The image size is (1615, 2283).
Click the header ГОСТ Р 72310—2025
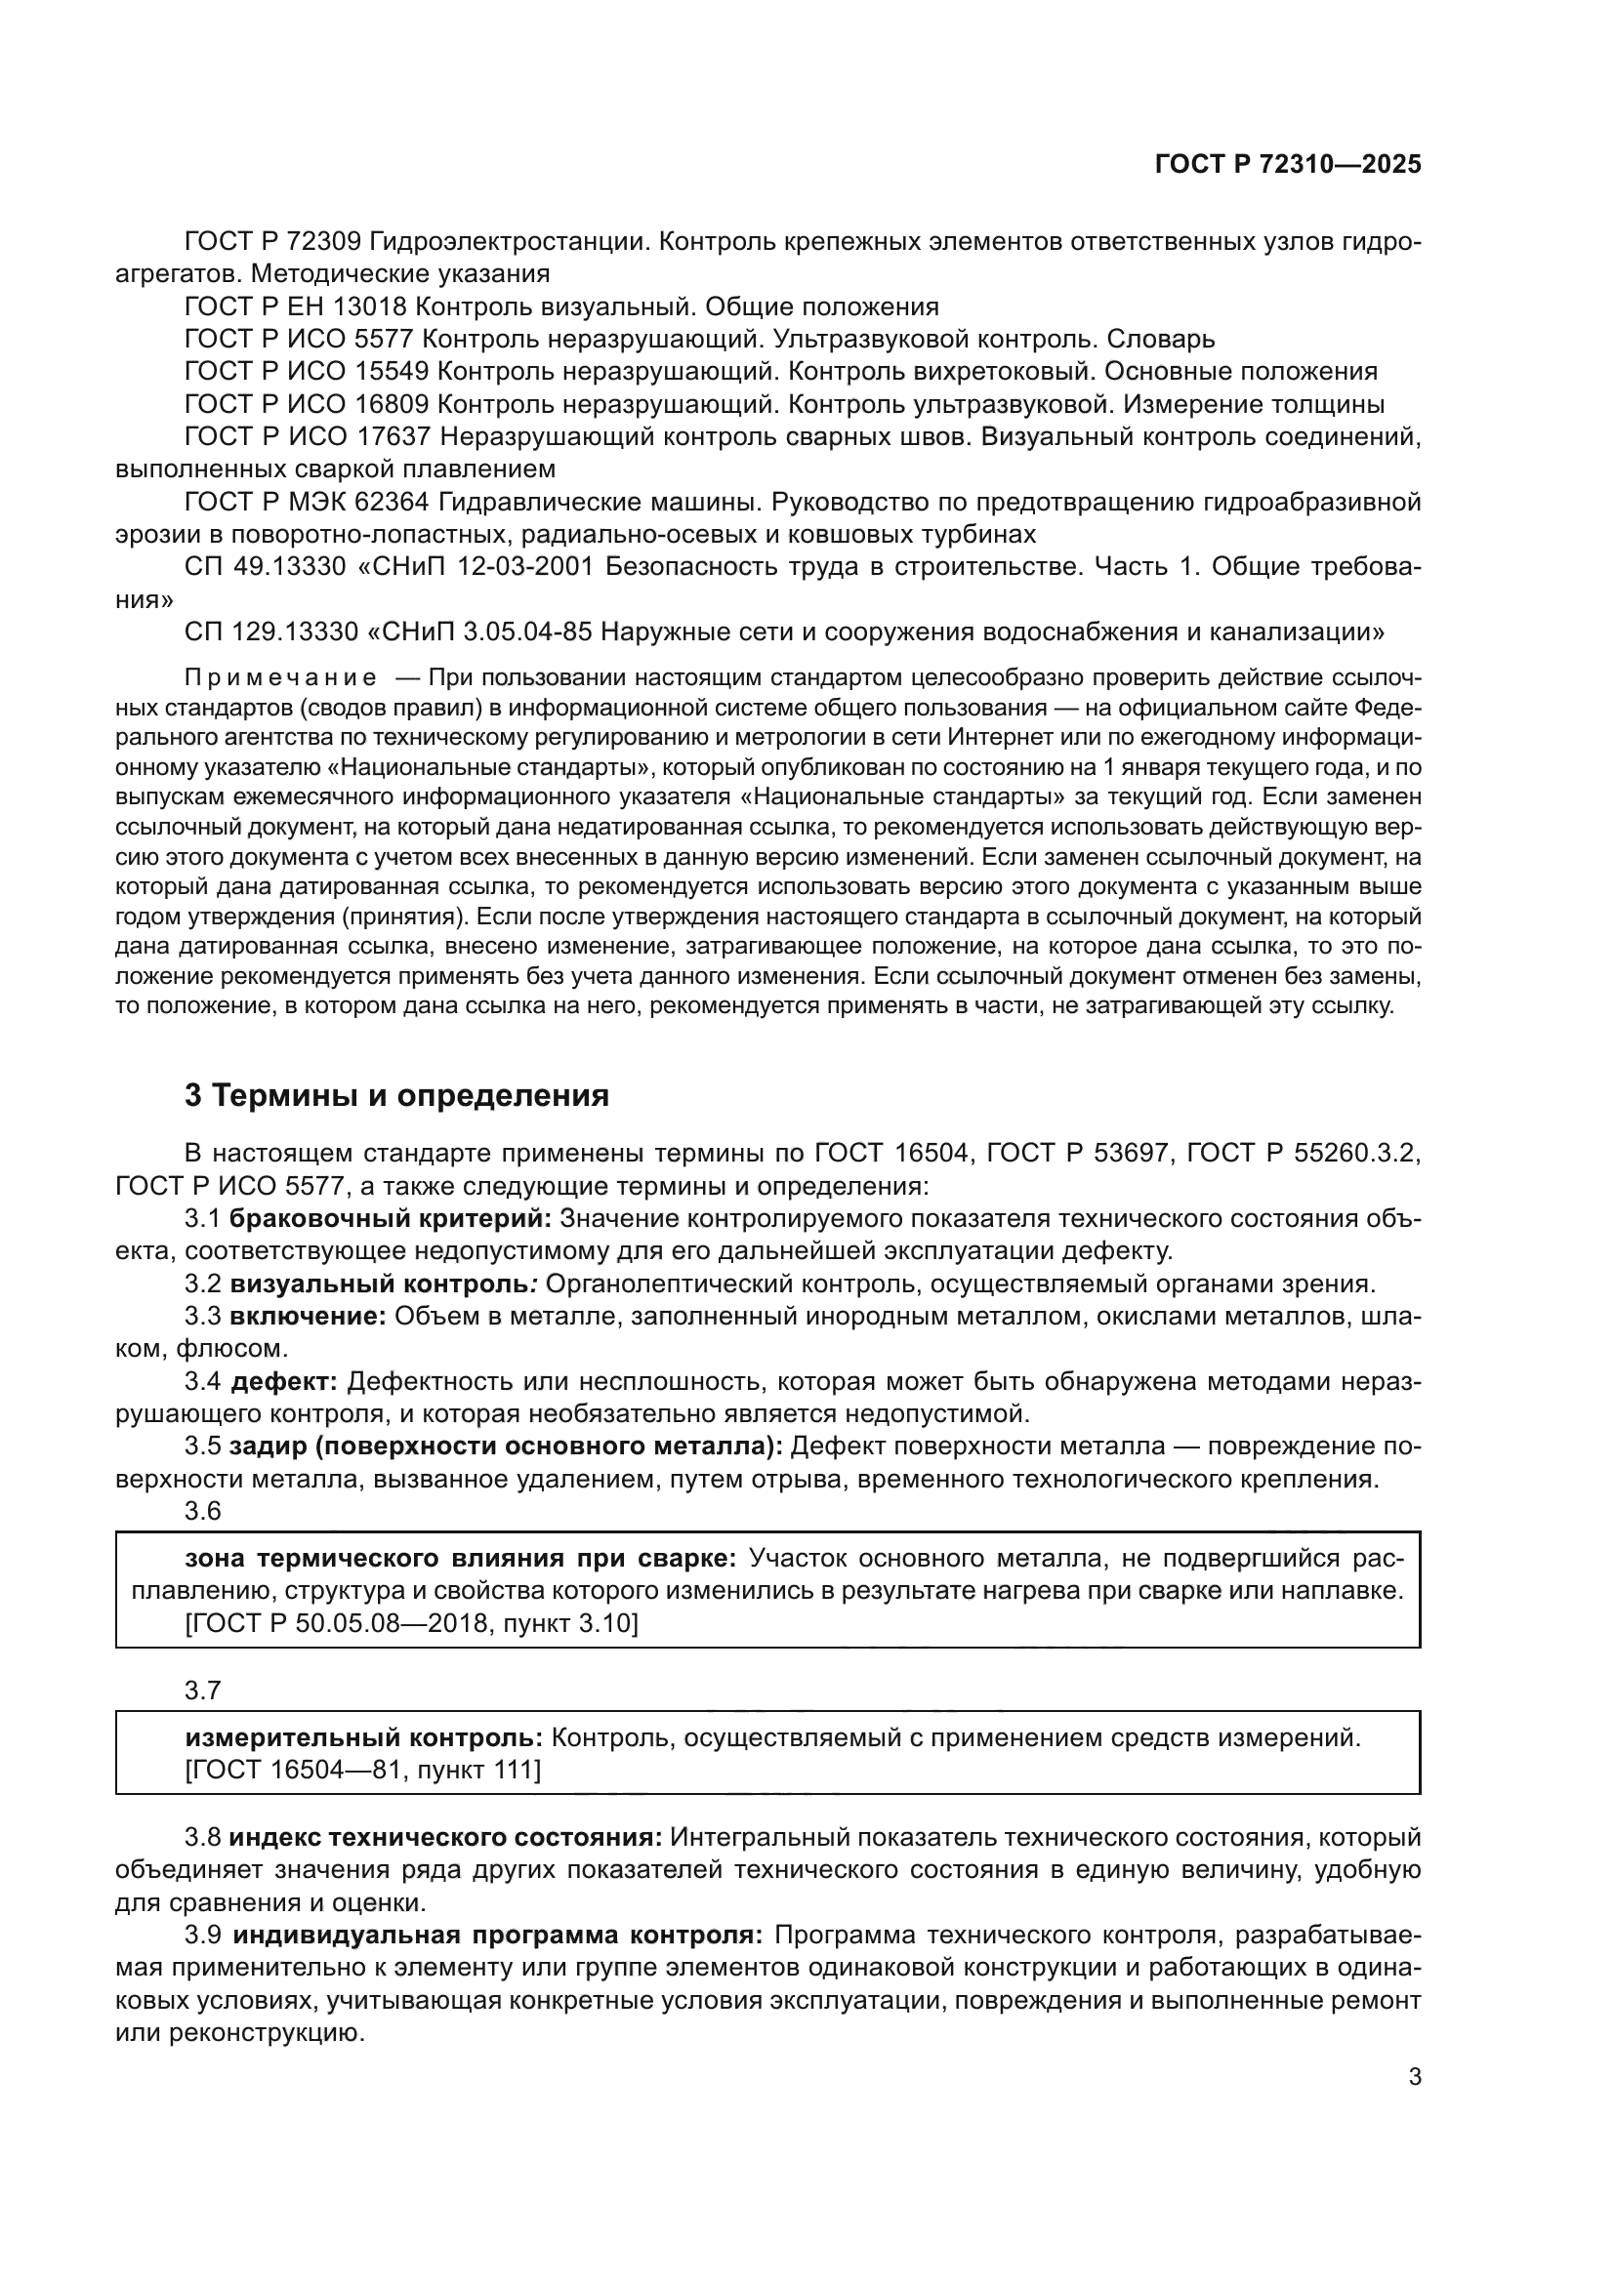(1287, 165)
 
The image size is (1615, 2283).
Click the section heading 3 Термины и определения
(395, 1096)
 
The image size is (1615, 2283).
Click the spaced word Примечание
(280, 678)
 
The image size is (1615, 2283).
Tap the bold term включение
(308, 1317)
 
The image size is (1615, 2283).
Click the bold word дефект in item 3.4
(283, 1382)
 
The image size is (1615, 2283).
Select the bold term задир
(262, 1447)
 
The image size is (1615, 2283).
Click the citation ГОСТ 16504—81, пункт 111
(363, 1770)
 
